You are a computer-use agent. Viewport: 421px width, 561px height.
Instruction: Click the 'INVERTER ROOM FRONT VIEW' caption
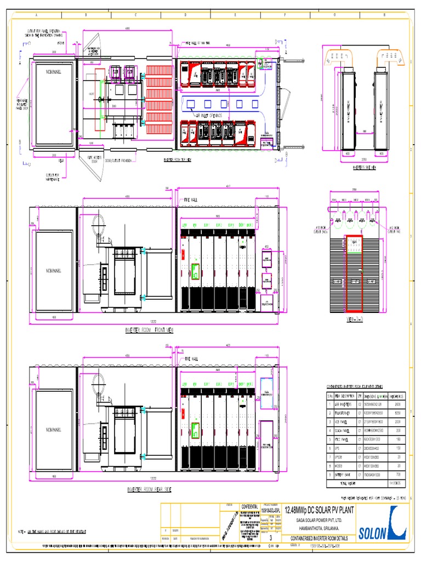(150, 330)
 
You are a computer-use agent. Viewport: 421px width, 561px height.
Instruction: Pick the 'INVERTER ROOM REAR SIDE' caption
(149, 489)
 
